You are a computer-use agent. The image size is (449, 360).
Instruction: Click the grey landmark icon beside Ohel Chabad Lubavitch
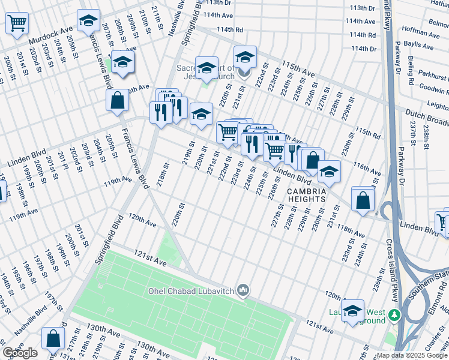coord(243,291)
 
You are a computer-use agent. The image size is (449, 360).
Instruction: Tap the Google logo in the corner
coord(19,353)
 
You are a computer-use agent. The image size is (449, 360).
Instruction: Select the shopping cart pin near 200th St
coord(17,23)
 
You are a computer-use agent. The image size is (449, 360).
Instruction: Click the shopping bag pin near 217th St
coord(53,338)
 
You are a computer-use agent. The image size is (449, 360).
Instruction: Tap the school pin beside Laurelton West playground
coord(352,311)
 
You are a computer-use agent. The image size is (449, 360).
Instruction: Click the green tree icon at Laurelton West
coord(394,314)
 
